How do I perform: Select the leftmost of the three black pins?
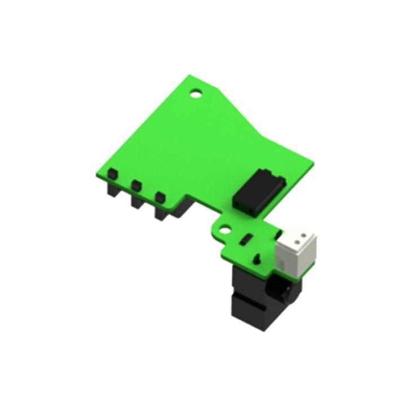pos(113,174)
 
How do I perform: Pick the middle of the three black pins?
pos(136,185)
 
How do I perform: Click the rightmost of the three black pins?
pos(161,197)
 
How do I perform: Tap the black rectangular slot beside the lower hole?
pos(245,240)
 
